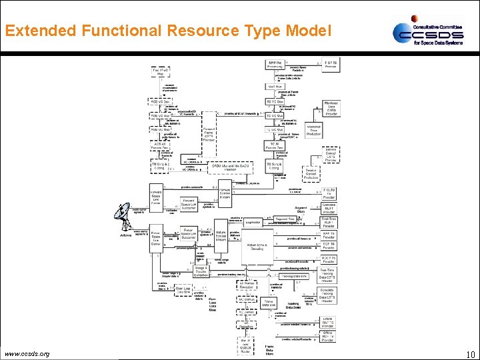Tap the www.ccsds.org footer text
[26, 353]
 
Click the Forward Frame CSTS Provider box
[209, 134]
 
